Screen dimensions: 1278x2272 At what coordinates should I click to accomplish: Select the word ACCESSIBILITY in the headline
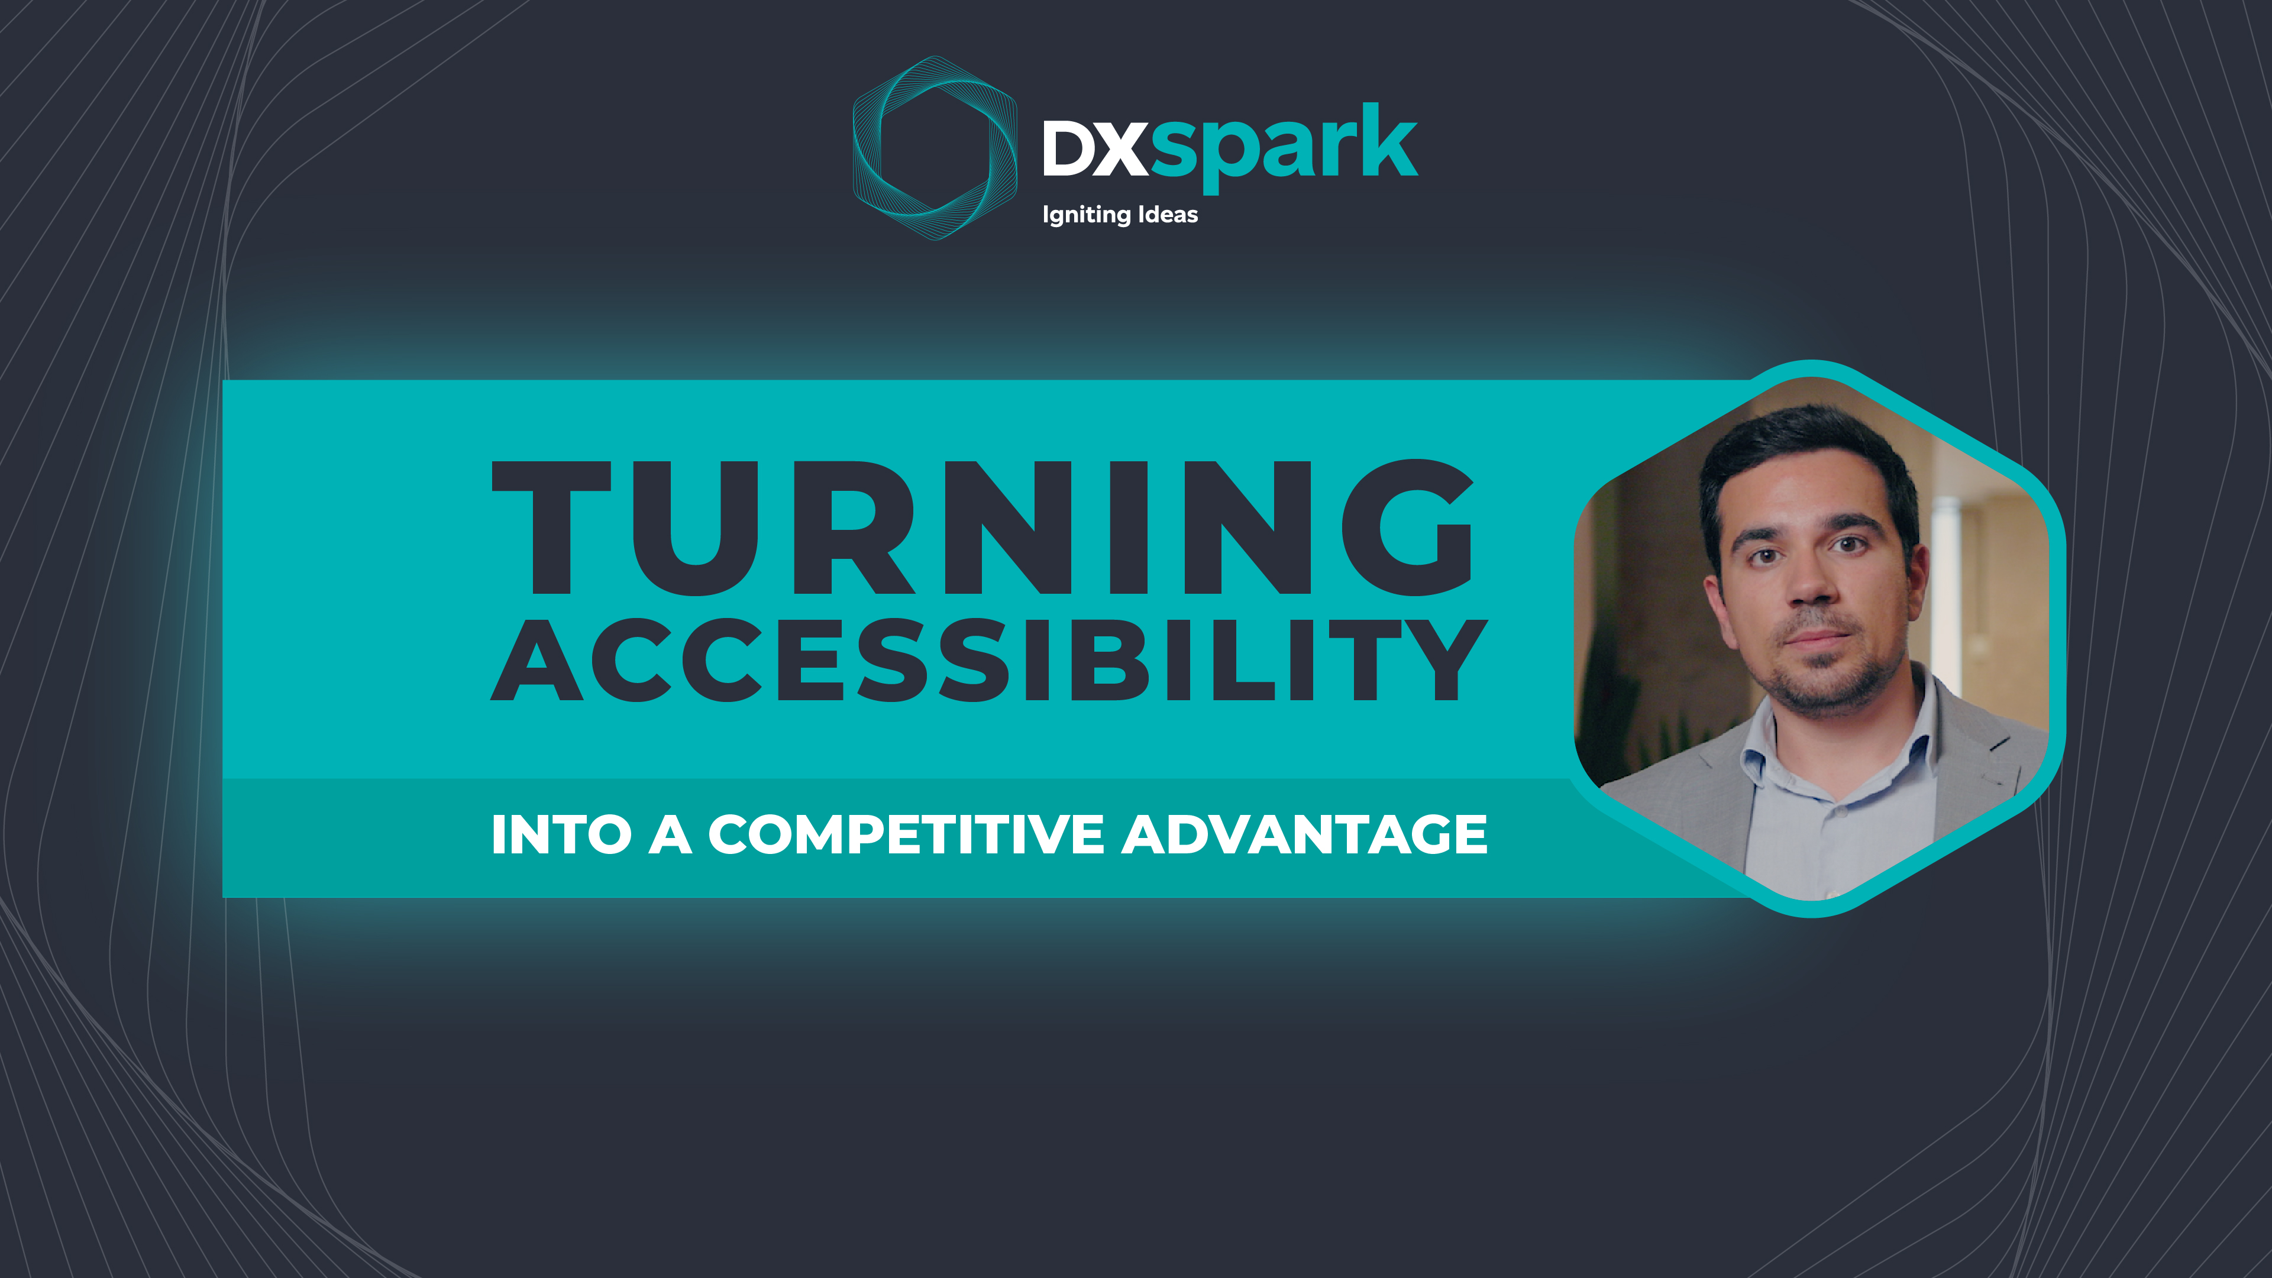tap(988, 660)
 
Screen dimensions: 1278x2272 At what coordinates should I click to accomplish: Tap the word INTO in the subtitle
tap(561, 834)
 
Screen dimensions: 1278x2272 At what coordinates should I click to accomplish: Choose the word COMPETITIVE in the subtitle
tap(906, 834)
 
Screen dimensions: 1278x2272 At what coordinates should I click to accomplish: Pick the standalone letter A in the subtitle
tap(670, 834)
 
